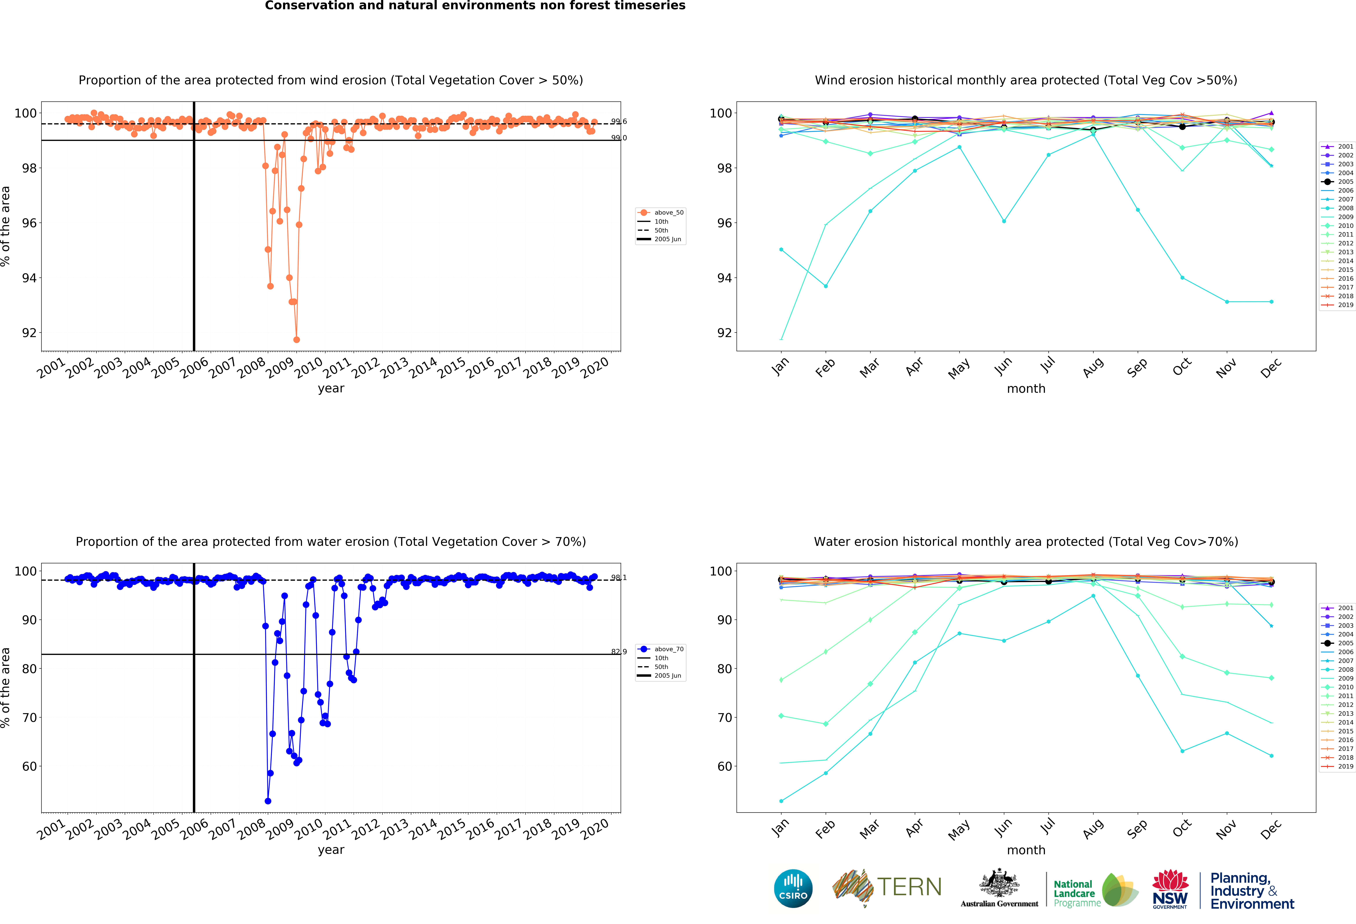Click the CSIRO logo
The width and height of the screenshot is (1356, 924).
[x=793, y=888]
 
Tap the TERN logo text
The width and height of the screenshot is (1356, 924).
[x=909, y=887]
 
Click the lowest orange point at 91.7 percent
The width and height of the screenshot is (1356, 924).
[x=296, y=340]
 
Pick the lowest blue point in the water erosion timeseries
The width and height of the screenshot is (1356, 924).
[x=268, y=801]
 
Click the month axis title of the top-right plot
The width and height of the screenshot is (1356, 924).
[x=1026, y=388]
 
